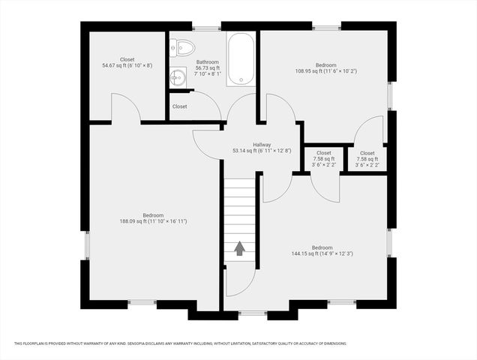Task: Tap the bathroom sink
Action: pos(177,76)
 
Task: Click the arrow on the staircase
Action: pos(240,248)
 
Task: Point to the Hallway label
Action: pos(262,145)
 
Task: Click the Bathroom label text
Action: pos(208,62)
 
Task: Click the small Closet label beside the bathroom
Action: pos(180,106)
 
